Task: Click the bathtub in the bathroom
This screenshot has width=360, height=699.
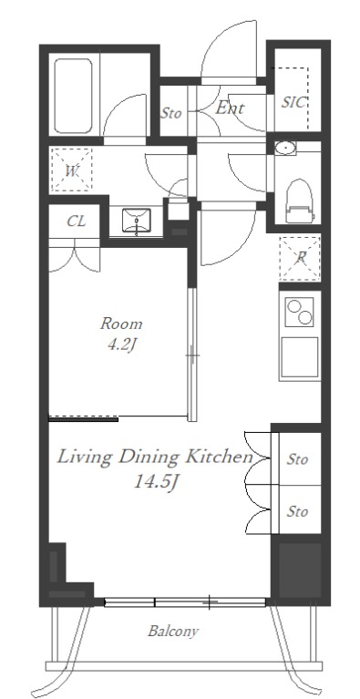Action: tap(74, 96)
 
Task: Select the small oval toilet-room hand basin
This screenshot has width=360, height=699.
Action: tap(285, 149)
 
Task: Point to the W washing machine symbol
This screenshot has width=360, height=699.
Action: tap(72, 170)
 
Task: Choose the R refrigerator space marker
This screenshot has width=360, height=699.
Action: tap(300, 259)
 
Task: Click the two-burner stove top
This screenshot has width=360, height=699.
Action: tap(300, 312)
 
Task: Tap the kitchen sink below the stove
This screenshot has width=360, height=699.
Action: tap(300, 357)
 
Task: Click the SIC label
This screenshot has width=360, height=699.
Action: tap(293, 103)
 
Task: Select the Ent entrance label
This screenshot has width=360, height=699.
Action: tap(230, 108)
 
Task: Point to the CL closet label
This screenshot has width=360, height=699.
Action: tap(77, 221)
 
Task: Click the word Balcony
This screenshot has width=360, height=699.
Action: tap(173, 632)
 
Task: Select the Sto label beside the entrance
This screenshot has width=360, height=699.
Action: tap(171, 113)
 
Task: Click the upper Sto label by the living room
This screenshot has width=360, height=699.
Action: tap(297, 458)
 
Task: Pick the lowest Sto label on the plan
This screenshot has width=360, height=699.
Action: tap(297, 511)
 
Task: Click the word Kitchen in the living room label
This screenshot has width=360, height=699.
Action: tap(219, 457)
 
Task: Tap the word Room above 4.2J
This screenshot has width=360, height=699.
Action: tap(121, 324)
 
